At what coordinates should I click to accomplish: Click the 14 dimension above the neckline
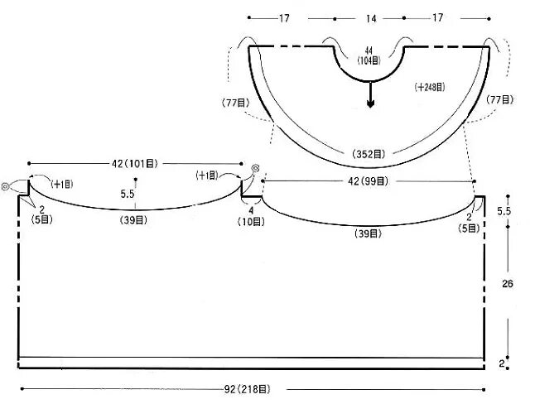pyautogui.click(x=369, y=17)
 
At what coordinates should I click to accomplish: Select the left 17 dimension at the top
pyautogui.click(x=284, y=17)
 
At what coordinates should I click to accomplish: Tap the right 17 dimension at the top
pyautogui.click(x=437, y=17)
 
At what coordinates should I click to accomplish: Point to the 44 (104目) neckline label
pyautogui.click(x=369, y=55)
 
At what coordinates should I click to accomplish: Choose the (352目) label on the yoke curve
pyautogui.click(x=369, y=153)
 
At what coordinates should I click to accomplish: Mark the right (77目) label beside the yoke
pyautogui.click(x=501, y=99)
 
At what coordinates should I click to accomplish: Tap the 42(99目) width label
pyautogui.click(x=369, y=180)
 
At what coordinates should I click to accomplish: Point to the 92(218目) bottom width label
pyautogui.click(x=252, y=388)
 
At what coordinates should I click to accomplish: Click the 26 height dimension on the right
pyautogui.click(x=508, y=284)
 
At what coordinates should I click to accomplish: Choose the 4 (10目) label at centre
pyautogui.click(x=252, y=216)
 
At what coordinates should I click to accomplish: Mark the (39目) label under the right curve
pyautogui.click(x=369, y=234)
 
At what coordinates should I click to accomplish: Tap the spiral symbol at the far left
pyautogui.click(x=7, y=188)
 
